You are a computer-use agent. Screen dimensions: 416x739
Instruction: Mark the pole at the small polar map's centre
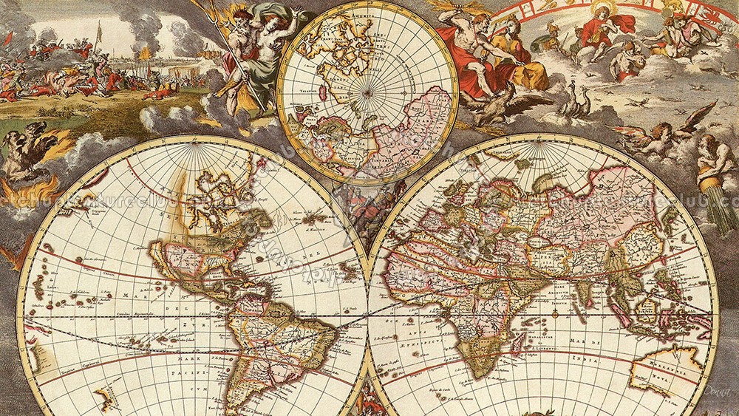pos(367,95)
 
